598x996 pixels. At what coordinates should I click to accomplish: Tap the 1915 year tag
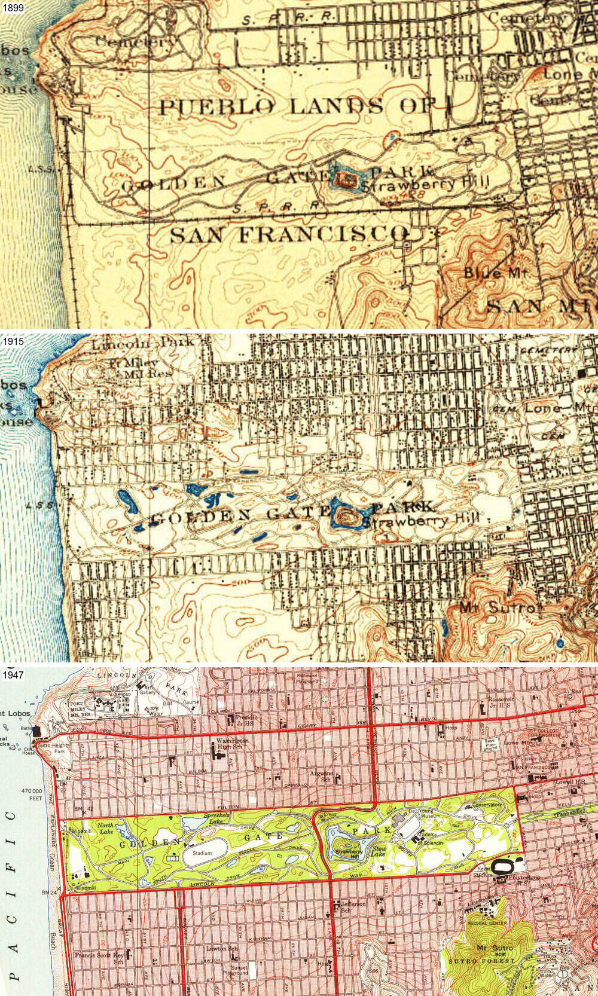tap(12, 341)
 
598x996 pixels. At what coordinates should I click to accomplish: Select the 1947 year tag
tap(12, 675)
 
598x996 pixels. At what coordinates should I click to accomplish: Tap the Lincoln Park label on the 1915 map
tap(142, 342)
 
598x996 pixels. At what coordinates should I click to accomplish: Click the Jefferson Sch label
tap(353, 906)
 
